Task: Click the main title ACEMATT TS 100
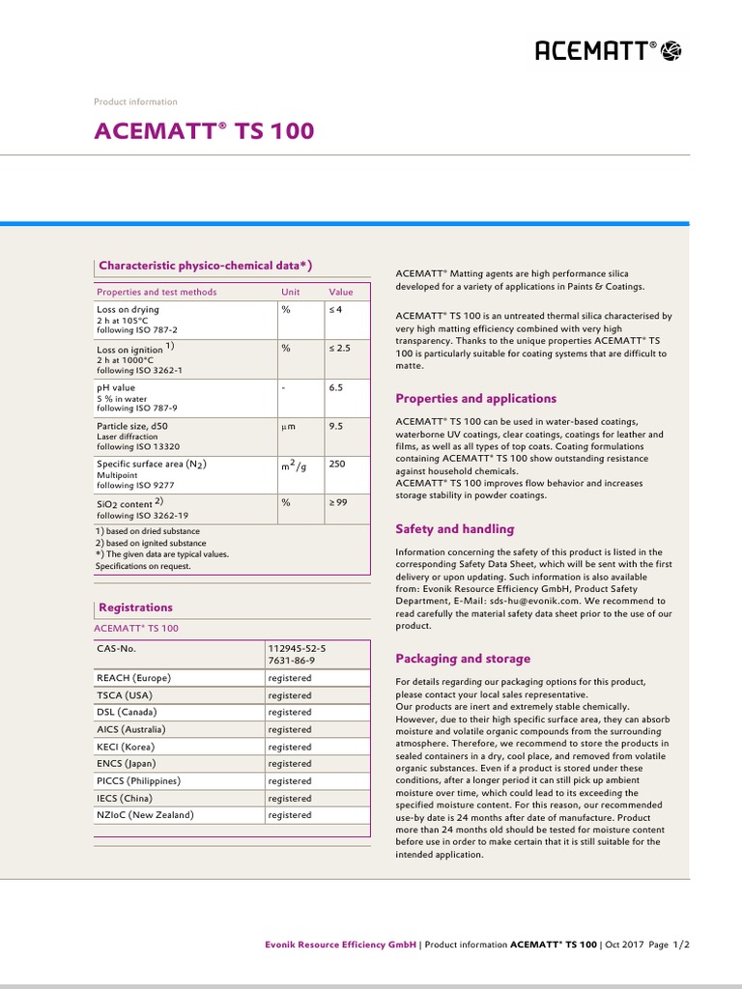[204, 130]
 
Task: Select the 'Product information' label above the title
[135, 101]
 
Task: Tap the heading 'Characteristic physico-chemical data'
[205, 266]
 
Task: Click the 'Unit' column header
[291, 292]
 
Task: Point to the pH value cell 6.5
[336, 387]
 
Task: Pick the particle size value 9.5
[336, 425]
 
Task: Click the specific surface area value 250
[336, 464]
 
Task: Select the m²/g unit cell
[294, 466]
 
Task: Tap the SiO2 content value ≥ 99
[338, 502]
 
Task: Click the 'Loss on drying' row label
[128, 310]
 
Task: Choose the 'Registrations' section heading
[136, 608]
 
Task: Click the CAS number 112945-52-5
[298, 649]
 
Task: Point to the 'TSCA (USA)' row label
[125, 695]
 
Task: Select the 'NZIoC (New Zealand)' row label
[145, 815]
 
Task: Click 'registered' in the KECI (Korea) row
[290, 747]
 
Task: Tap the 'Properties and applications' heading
[476, 398]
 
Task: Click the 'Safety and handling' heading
[455, 529]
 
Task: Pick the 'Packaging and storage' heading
[463, 659]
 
